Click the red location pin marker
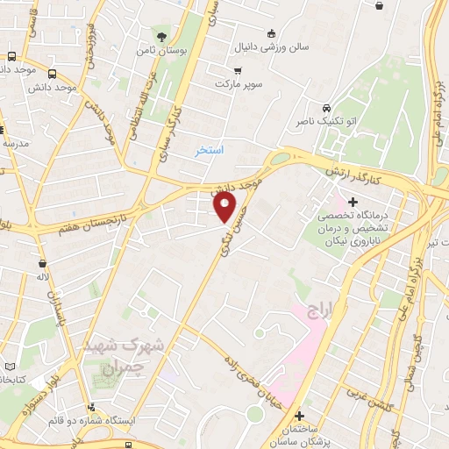(x=225, y=207)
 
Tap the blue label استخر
(x=210, y=150)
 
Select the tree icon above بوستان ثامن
(x=160, y=36)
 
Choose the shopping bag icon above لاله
(x=41, y=262)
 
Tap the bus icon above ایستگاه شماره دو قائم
(x=91, y=407)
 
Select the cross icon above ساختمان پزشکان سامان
(x=300, y=416)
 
